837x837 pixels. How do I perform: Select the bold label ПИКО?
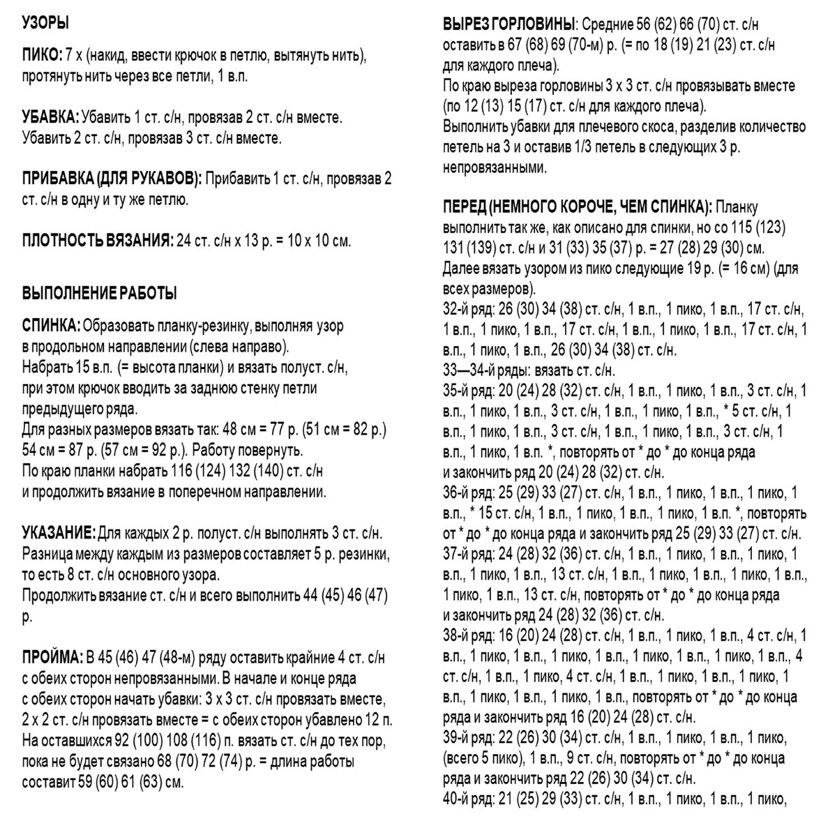coord(43,55)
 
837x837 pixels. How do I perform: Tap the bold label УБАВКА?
coord(51,116)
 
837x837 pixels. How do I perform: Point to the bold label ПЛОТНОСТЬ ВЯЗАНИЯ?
coord(98,241)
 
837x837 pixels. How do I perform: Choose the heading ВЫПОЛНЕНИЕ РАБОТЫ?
coord(100,293)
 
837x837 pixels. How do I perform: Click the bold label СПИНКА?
coord(52,326)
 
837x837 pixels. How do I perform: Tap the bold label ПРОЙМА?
coord(52,657)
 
